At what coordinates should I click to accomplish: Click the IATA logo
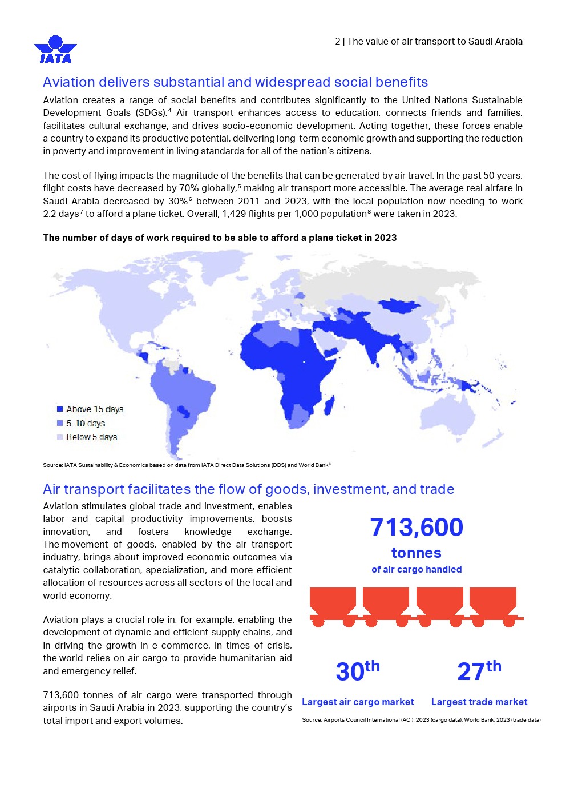[x=55, y=50]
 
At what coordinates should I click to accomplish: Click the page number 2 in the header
[x=337, y=41]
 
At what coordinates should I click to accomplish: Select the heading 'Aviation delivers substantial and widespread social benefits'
[x=235, y=82]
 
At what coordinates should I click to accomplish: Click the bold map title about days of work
[x=220, y=238]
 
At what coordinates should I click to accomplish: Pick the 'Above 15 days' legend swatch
[x=60, y=409]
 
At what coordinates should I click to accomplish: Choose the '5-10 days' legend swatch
[x=60, y=424]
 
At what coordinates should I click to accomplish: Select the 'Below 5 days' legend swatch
[x=60, y=437]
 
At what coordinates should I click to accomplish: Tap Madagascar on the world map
[x=329, y=406]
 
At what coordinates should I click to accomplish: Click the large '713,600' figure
[x=417, y=527]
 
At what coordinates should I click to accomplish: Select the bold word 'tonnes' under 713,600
[x=417, y=553]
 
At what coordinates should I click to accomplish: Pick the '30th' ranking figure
[x=357, y=671]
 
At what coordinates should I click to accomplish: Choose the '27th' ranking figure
[x=479, y=671]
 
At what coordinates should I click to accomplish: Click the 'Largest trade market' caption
[x=479, y=702]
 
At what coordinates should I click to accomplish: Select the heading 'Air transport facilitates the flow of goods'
[x=248, y=489]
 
